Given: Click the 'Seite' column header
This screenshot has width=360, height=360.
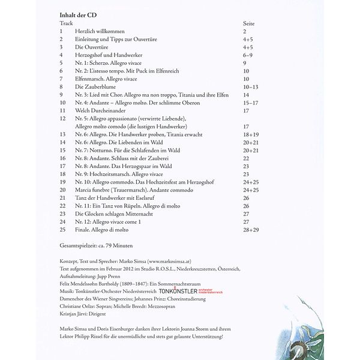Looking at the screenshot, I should [x=249, y=22].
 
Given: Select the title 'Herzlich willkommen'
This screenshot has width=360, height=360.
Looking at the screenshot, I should [x=98, y=30].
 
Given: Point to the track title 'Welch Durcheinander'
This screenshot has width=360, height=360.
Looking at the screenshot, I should [x=98, y=111].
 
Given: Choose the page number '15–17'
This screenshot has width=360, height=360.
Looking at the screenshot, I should [x=251, y=103].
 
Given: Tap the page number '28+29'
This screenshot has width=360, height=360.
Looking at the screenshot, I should [x=252, y=229].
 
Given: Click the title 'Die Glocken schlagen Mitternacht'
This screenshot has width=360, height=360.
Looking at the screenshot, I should [x=113, y=213].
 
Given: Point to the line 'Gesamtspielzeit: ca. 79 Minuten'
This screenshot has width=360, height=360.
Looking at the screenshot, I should [x=97, y=247].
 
